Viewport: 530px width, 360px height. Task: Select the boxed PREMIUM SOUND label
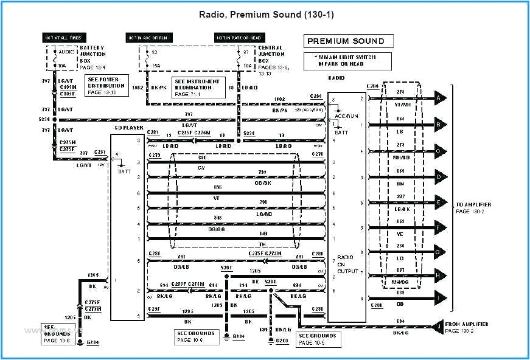coord(346,41)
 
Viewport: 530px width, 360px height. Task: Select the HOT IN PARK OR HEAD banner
coord(232,38)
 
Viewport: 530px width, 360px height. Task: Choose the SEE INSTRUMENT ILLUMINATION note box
coord(198,88)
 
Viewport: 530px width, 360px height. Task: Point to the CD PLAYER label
coord(128,128)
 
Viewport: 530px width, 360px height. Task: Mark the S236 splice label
coord(46,119)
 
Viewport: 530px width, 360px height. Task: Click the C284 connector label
coord(373,86)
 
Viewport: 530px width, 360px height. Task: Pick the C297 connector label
coord(155,310)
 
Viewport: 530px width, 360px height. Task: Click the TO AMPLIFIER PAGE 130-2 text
coord(473,207)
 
